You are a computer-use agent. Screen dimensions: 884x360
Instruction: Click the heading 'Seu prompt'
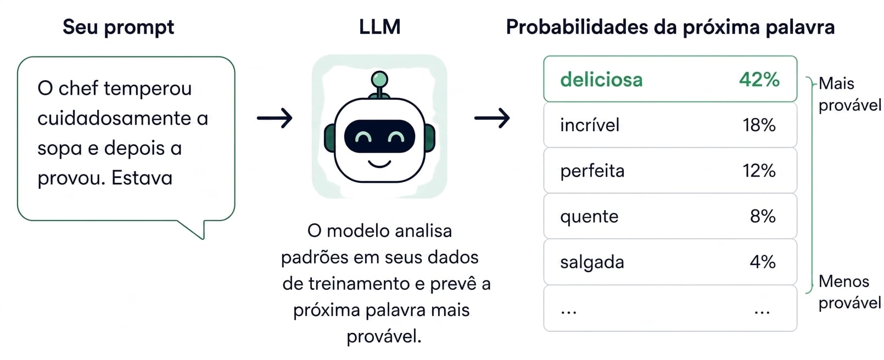click(118, 27)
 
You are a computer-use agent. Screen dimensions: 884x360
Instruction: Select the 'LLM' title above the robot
click(379, 27)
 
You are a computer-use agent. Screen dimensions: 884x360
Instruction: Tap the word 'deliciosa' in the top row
click(601, 80)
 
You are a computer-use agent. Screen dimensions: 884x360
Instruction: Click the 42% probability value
click(759, 80)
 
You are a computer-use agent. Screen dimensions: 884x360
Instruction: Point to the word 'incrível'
click(590, 125)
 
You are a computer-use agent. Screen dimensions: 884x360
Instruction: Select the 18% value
click(759, 125)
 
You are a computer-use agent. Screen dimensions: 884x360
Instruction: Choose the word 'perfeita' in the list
click(592, 171)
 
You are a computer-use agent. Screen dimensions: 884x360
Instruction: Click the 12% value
click(759, 171)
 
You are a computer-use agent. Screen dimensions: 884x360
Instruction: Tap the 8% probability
click(763, 216)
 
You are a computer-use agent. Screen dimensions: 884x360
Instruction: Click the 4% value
click(763, 262)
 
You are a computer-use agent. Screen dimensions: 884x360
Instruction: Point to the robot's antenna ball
click(379, 79)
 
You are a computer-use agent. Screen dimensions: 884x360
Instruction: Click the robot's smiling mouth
click(379, 164)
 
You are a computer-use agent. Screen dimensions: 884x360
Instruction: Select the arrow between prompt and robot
click(275, 117)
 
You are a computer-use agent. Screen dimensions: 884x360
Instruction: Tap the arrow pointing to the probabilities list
click(492, 117)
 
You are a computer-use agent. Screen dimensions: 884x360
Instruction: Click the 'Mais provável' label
click(849, 94)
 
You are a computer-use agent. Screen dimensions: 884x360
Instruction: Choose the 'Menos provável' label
click(849, 292)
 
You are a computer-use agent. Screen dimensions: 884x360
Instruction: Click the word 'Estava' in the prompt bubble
click(142, 178)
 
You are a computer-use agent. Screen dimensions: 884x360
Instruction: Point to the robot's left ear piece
click(329, 138)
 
